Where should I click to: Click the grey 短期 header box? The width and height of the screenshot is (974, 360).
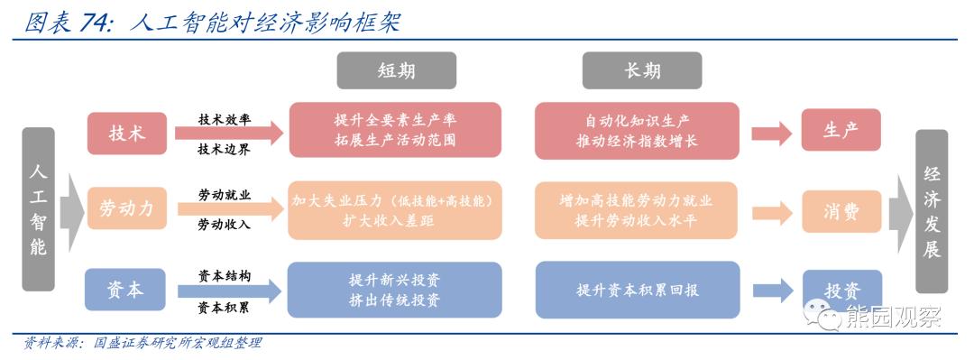point(396,70)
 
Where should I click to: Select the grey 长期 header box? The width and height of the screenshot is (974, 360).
point(641,70)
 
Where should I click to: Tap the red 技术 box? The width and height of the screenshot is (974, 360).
point(127,133)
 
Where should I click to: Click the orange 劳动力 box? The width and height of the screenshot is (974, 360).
point(127,210)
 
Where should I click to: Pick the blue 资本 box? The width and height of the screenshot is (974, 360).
point(127,289)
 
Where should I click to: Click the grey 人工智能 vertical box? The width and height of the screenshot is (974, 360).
point(38,209)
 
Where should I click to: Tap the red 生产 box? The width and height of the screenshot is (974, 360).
point(841,131)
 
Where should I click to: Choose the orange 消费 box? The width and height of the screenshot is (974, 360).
point(841,212)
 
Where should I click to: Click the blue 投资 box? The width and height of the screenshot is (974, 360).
point(841,291)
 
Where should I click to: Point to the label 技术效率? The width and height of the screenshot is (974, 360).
point(225,119)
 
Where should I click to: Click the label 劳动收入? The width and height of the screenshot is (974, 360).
point(225,225)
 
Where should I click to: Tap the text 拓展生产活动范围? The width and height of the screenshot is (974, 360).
point(395,142)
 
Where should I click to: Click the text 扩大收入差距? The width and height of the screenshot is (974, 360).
point(395,220)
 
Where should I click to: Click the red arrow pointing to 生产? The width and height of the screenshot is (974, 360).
point(772,134)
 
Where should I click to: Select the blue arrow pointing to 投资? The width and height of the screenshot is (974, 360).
point(772,290)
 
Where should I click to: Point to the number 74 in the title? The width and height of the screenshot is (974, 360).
point(96,22)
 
